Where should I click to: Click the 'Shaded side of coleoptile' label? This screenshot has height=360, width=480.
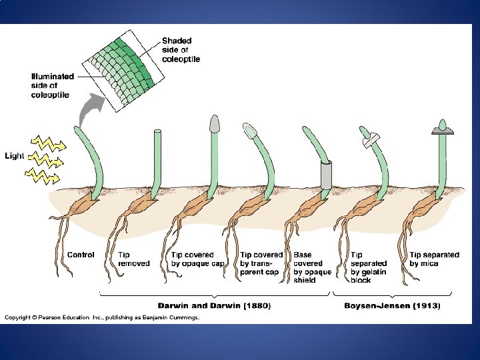pyautogui.click(x=181, y=50)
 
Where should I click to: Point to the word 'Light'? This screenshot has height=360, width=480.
pyautogui.click(x=14, y=156)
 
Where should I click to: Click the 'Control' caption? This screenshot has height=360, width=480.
pyautogui.click(x=81, y=255)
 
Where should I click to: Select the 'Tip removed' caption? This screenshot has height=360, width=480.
pyautogui.click(x=133, y=259)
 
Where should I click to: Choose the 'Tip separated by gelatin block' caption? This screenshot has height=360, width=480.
pyautogui.click(x=369, y=267)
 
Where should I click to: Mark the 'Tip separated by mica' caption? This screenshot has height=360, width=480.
pyautogui.click(x=434, y=259)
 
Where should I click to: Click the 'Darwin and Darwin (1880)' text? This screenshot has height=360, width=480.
pyautogui.click(x=214, y=305)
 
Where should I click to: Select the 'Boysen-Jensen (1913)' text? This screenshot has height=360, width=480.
pyautogui.click(x=391, y=305)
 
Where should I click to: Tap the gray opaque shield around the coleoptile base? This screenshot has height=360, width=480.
pyautogui.click(x=326, y=175)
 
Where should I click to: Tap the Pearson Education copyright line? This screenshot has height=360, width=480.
pyautogui.click(x=102, y=318)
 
